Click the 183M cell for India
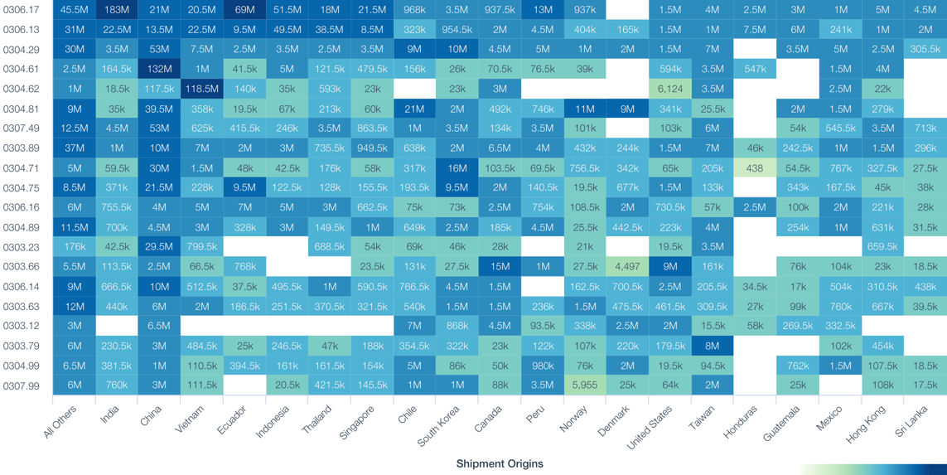coord(117,10)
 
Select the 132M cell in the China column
coord(159,69)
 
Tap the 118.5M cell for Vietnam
coord(202,89)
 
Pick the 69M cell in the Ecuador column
coord(244,10)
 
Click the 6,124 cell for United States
coord(669,89)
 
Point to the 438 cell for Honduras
coord(754,167)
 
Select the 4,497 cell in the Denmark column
coord(627,267)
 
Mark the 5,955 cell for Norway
coord(585,385)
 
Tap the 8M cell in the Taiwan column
coord(712,346)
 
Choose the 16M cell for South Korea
coord(457,167)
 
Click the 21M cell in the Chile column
coord(414,109)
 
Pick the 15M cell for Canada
coord(500,267)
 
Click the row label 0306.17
coord(21,10)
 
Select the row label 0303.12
coord(21,326)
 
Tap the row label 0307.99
coord(21,385)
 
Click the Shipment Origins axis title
coord(500,463)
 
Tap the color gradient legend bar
coord(873,469)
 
